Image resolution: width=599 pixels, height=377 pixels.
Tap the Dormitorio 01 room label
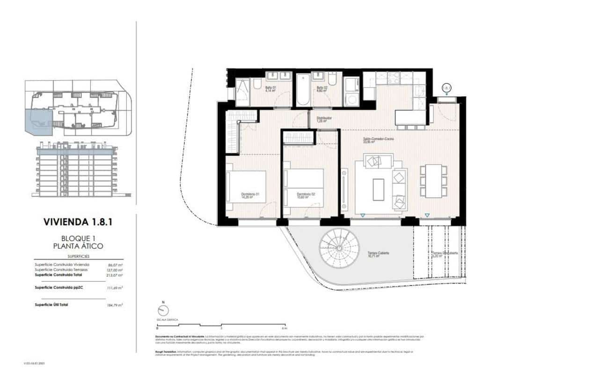tap(250, 195)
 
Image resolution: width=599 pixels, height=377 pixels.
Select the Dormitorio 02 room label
tap(305, 195)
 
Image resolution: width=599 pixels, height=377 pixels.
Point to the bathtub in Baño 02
tap(303, 90)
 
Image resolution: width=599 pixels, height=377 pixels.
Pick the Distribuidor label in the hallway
tap(324, 119)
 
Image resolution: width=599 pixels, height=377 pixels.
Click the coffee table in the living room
tap(378, 190)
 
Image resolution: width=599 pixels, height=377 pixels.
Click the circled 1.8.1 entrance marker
tap(446, 88)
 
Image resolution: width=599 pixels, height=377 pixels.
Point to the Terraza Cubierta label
tap(378, 254)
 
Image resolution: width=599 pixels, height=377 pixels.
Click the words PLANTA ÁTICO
tap(79, 246)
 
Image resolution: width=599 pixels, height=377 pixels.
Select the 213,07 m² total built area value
tap(115, 275)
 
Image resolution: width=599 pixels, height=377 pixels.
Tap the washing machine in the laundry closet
tap(351, 99)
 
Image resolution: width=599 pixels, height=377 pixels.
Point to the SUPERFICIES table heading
tap(78, 257)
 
